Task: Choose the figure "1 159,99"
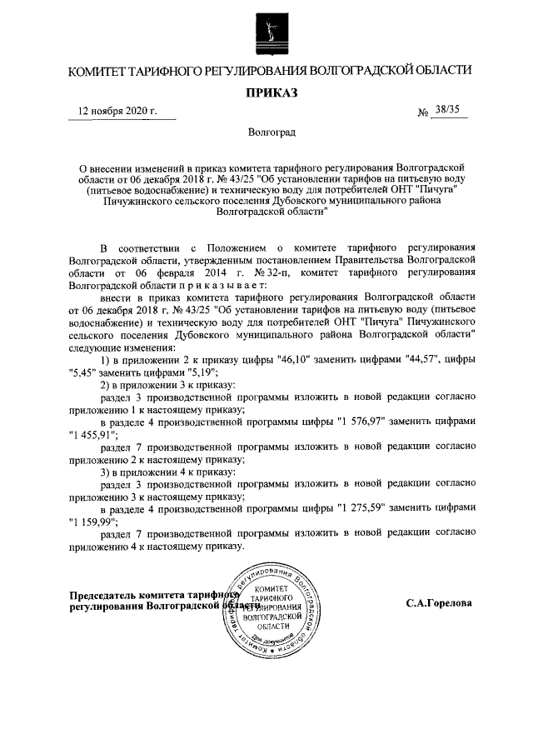point(88,522)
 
